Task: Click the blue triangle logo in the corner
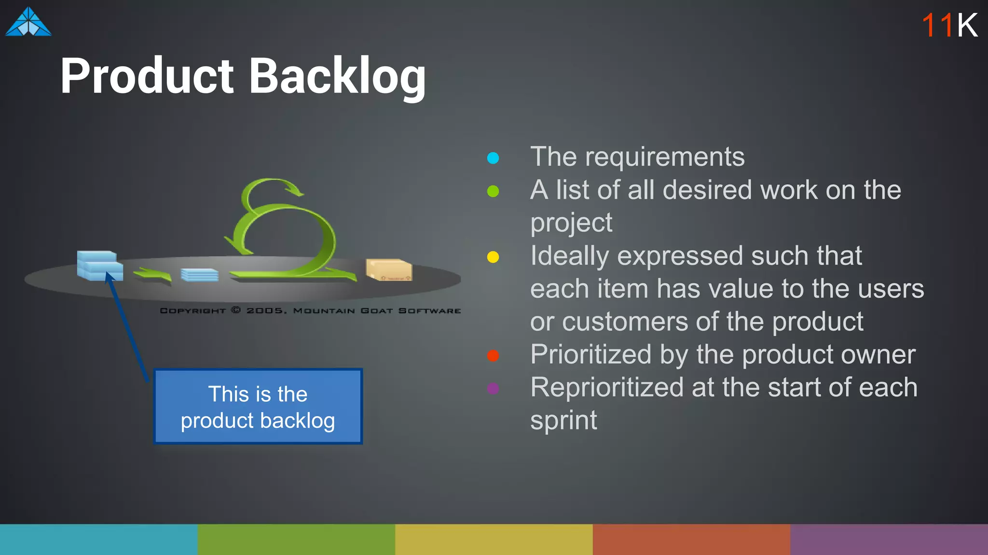pyautogui.click(x=28, y=23)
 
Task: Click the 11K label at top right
pyautogui.click(x=949, y=25)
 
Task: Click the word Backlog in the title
pyautogui.click(x=337, y=76)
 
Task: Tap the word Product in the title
pyautogui.click(x=147, y=76)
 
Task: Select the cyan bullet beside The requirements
pyautogui.click(x=493, y=158)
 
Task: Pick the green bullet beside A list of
pyautogui.click(x=493, y=191)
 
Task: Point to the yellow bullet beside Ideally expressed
pyautogui.click(x=493, y=257)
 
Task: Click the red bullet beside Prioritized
pyautogui.click(x=493, y=356)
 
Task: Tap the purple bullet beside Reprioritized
pyautogui.click(x=493, y=388)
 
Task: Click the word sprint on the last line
pyautogui.click(x=563, y=420)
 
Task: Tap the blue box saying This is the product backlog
pyautogui.click(x=258, y=407)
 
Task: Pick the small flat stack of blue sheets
pyautogui.click(x=199, y=275)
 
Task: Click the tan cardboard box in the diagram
pyautogui.click(x=388, y=270)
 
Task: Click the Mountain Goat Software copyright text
pyautogui.click(x=310, y=311)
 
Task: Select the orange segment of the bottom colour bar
pyautogui.click(x=691, y=540)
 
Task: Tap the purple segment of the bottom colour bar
pyautogui.click(x=889, y=540)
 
